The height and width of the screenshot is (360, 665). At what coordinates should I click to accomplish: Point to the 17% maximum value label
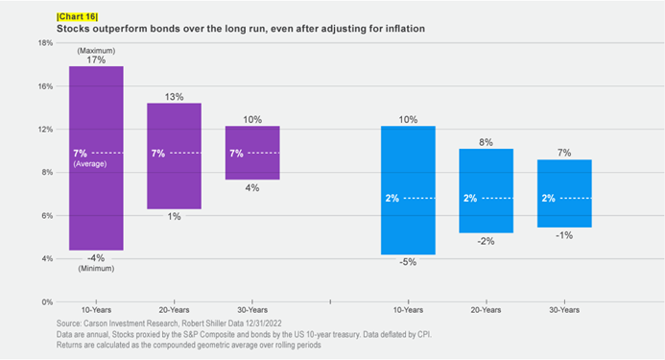(96, 60)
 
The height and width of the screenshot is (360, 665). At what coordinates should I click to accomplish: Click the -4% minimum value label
(96, 257)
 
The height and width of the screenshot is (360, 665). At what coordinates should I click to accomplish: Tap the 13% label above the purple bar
(174, 96)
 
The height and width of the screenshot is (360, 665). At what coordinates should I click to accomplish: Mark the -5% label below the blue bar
(408, 262)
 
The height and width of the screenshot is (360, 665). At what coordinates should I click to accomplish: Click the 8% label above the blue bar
(486, 142)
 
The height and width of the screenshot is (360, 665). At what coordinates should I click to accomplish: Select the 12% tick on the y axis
(45, 130)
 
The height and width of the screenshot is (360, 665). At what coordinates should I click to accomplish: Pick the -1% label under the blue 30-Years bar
(564, 235)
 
